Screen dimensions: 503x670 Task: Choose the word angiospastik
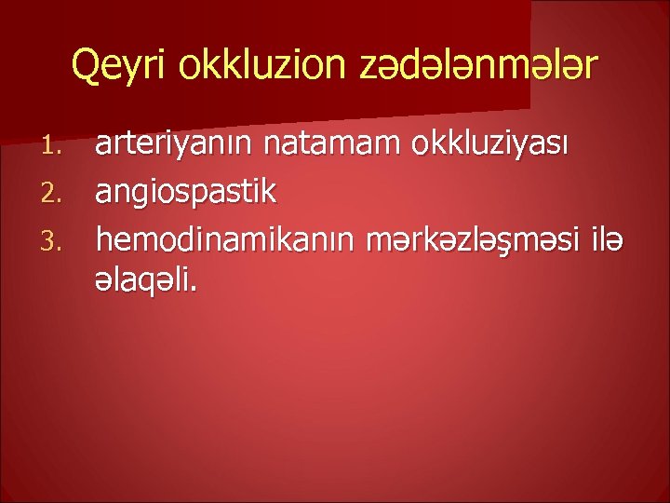[186, 193]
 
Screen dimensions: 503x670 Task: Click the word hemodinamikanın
[219, 239]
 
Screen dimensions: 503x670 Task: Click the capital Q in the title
[86, 66]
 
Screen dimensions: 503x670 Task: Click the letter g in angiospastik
[145, 197]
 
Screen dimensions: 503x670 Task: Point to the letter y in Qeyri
[131, 70]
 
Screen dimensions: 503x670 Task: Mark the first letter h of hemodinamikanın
[103, 238]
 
